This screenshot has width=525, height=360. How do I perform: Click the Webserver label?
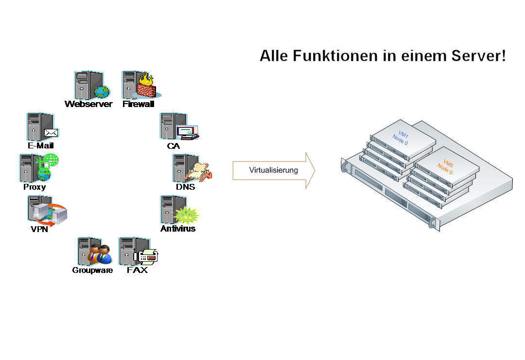[88, 104]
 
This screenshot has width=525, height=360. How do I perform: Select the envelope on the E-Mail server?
[51, 132]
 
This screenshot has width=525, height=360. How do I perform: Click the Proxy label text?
[35, 187]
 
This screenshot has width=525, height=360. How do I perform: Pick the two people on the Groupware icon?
[100, 254]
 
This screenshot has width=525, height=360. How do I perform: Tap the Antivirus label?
[178, 228]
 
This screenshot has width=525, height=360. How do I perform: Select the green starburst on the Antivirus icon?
[186, 215]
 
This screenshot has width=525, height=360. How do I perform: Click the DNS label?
[185, 187]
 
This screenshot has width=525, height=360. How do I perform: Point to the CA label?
[174, 145]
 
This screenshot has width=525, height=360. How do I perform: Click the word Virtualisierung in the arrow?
[273, 170]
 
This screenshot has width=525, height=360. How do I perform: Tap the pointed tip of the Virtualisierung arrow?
[314, 170]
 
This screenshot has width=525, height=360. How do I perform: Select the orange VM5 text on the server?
[448, 162]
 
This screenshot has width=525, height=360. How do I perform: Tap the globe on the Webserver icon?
[102, 91]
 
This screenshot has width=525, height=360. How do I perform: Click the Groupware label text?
[92, 270]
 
